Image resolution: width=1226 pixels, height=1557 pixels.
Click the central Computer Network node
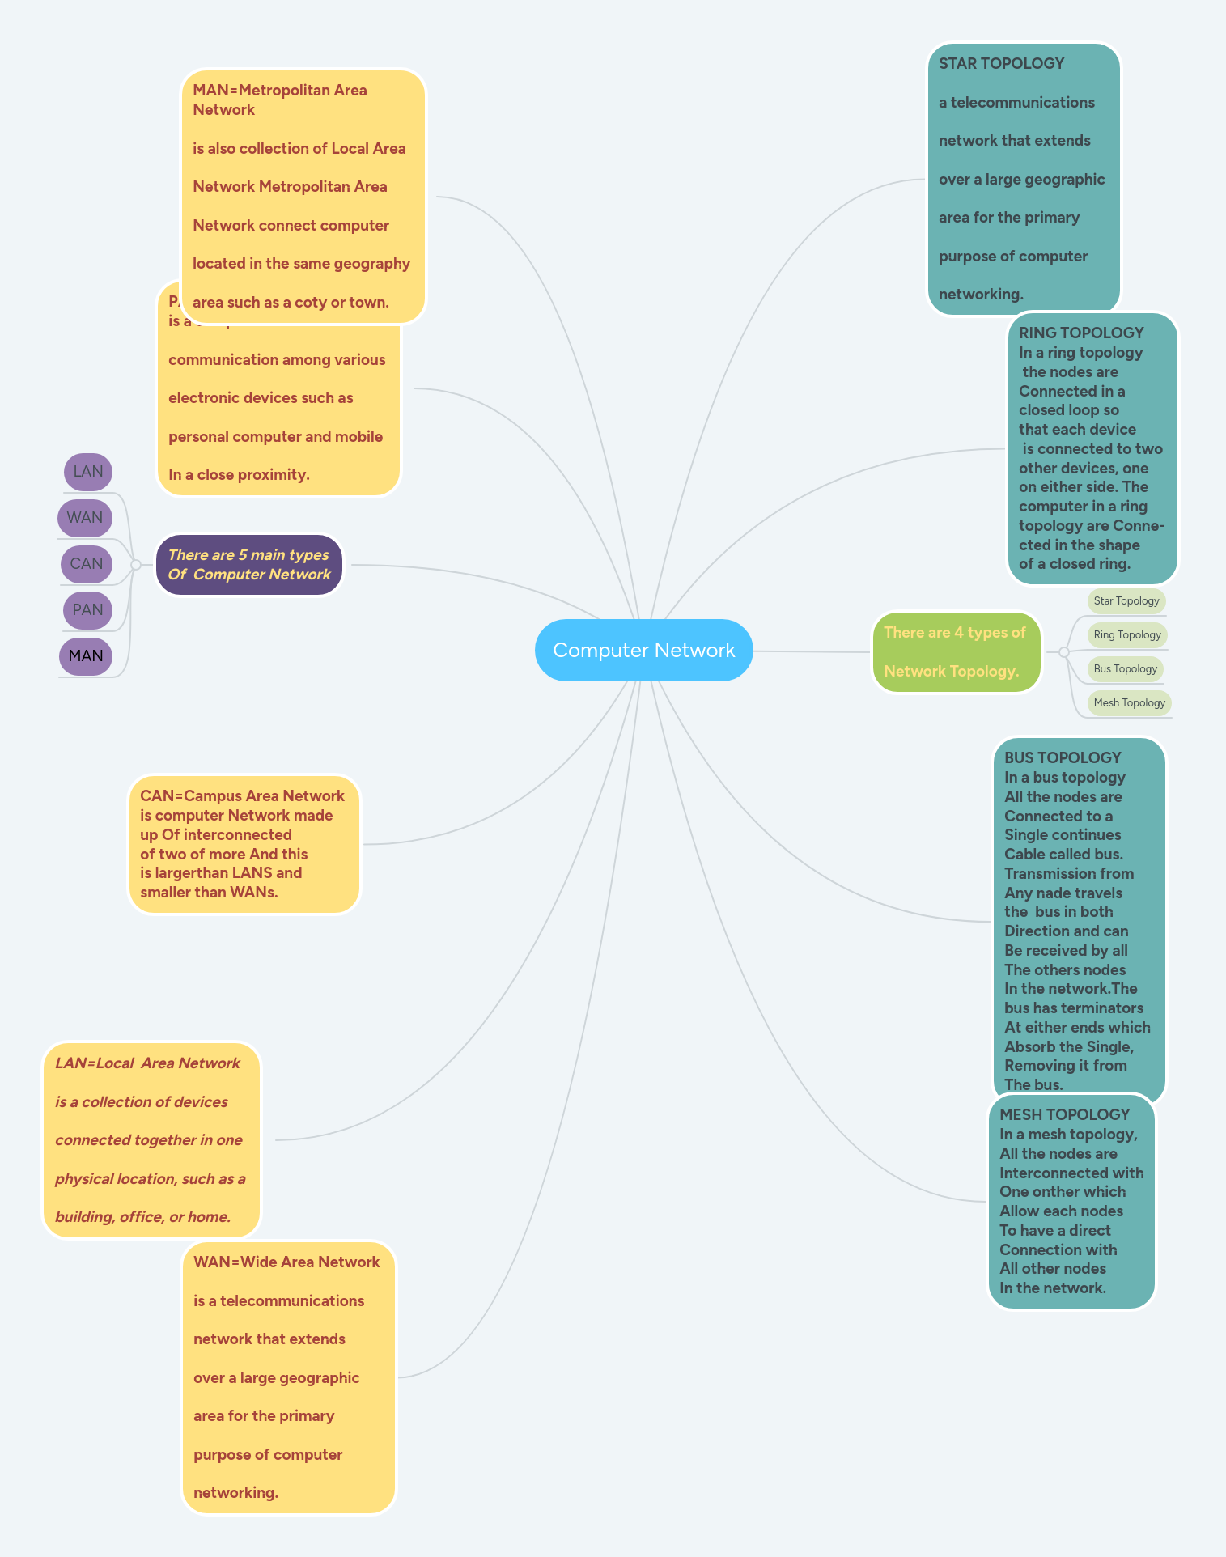(643, 650)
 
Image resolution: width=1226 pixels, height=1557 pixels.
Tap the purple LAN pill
(88, 472)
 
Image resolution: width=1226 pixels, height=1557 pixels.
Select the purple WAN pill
(85, 518)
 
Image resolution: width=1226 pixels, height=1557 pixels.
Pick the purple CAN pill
(87, 564)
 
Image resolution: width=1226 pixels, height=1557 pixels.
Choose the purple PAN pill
(87, 610)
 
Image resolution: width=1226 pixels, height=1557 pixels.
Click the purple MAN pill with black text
(86, 656)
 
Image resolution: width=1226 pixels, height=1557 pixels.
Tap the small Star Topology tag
(1126, 600)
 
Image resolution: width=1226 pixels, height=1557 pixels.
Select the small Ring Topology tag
(1127, 634)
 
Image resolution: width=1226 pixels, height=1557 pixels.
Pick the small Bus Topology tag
(1125, 668)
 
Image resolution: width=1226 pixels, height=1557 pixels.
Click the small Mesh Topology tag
(1129, 702)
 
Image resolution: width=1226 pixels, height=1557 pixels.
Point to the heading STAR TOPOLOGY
(1001, 63)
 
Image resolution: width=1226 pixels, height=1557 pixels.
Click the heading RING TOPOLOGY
(1081, 333)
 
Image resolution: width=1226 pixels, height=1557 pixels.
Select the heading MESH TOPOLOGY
(1064, 1114)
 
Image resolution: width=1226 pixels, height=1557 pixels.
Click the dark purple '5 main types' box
(249, 565)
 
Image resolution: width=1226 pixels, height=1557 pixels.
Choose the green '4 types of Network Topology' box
(956, 652)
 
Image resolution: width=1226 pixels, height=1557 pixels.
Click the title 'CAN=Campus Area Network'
(242, 795)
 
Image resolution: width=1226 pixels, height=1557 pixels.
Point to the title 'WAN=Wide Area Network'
(286, 1262)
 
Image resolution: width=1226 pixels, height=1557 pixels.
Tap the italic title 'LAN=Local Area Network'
(147, 1063)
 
